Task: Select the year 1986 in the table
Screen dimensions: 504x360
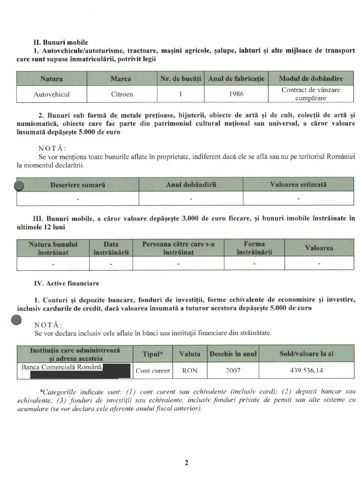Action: (237, 94)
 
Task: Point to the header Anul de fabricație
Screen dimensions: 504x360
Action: (237, 79)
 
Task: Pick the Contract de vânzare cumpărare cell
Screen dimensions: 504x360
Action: (310, 94)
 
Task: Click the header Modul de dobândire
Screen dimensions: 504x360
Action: (310, 79)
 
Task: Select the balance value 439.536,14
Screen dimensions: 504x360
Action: (306, 371)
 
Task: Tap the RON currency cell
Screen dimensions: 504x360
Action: (190, 371)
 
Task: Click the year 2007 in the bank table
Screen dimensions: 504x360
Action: (233, 371)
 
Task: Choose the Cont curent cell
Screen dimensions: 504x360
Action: (153, 371)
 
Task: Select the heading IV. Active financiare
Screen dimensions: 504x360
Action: (66, 283)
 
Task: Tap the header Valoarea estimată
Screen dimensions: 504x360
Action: (298, 185)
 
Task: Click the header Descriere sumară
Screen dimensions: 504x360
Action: (78, 185)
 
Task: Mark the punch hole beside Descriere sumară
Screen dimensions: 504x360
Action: (19, 186)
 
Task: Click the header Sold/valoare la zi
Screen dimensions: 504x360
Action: (306, 354)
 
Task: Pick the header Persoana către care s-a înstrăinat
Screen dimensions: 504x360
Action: (178, 248)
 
